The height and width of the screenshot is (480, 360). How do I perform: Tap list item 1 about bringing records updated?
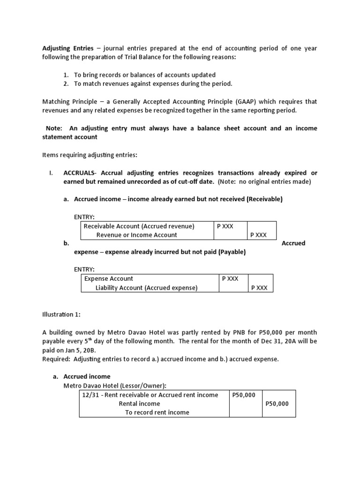145,75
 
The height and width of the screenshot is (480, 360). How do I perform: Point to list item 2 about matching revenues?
153,83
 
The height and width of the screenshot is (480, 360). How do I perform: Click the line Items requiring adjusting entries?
90,155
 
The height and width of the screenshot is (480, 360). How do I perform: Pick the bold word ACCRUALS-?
82,173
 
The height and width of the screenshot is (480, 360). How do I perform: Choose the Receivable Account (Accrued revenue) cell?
139,226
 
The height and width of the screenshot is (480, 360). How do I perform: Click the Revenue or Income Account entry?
136,235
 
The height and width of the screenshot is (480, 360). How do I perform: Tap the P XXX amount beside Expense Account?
230,278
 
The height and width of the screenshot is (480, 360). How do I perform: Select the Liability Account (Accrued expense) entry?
146,288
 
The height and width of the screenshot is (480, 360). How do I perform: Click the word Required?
56,359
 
